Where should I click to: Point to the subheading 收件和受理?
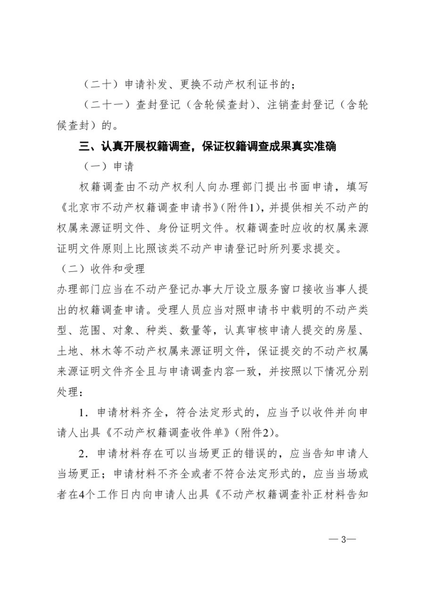point(117,269)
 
